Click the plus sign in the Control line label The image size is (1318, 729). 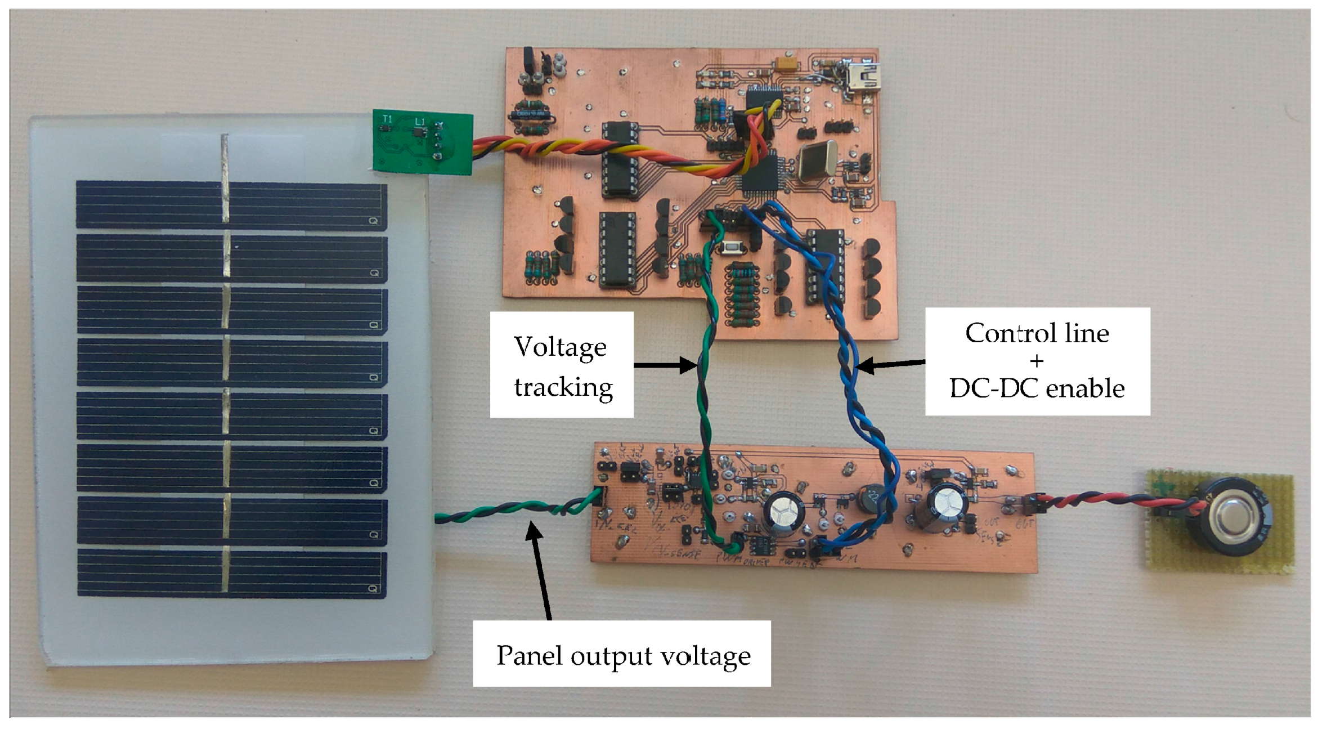(1036, 361)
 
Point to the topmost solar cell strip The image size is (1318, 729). (231, 204)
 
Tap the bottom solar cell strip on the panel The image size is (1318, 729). (231, 574)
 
